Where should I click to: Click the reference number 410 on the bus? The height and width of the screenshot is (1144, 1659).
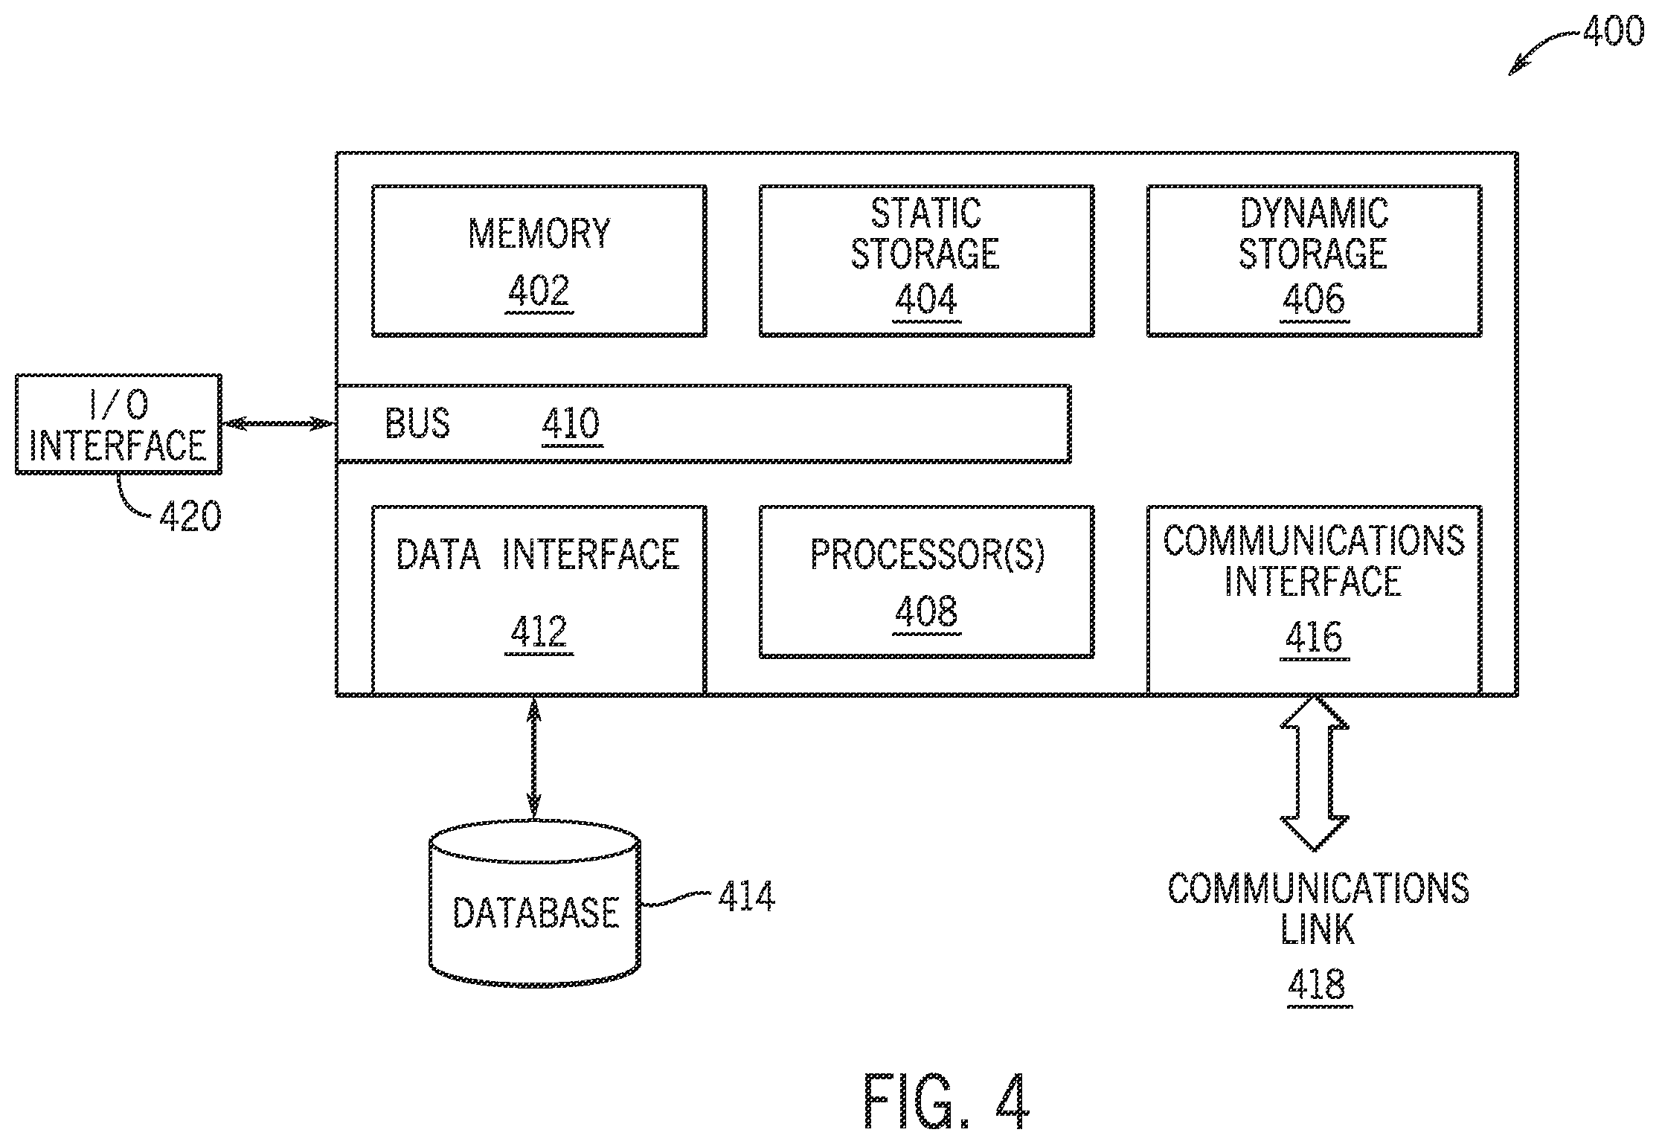coord(571,425)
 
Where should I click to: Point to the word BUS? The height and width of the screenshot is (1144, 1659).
coord(417,424)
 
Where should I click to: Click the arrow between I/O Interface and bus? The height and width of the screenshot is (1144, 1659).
coord(279,424)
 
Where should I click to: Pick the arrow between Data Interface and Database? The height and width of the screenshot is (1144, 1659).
coord(533,759)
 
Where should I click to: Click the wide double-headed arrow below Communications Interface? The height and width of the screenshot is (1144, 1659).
coord(1314,773)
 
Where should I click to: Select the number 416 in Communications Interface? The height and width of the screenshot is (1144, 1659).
coord(1314,637)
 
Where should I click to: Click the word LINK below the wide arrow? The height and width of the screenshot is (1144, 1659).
coord(1317,929)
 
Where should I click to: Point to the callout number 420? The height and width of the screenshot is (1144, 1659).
coord(190,515)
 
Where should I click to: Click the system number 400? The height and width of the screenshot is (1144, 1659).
coord(1613,32)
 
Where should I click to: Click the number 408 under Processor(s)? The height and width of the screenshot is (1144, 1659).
coord(926,612)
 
